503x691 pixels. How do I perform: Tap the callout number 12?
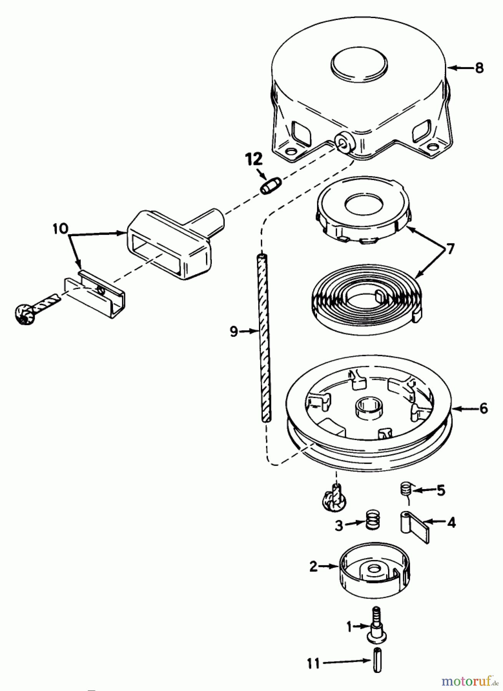pyautogui.click(x=255, y=159)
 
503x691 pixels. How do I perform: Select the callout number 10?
pyautogui.click(x=61, y=229)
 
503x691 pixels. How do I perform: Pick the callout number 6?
pyautogui.click(x=483, y=408)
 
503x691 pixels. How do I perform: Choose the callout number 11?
pyautogui.click(x=314, y=663)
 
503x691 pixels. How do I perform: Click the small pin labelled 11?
pyautogui.click(x=375, y=660)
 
